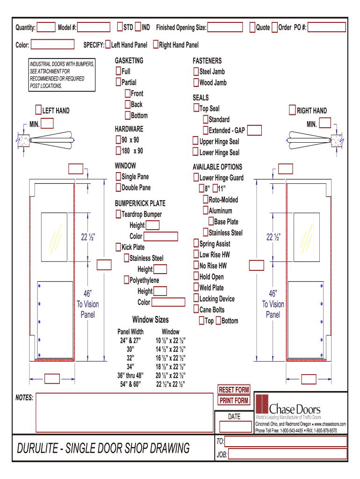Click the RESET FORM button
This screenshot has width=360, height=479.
[x=234, y=390]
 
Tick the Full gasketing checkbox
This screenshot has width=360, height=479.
[x=118, y=72]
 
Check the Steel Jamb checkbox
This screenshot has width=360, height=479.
[x=196, y=72]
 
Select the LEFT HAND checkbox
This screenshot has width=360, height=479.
[x=38, y=110]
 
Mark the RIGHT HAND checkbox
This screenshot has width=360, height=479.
[x=293, y=110]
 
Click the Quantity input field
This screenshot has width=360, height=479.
[x=46, y=28]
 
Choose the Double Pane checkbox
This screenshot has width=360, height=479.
[x=118, y=188]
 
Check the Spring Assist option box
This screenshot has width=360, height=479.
[x=196, y=244]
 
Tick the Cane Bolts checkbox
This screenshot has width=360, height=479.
[x=196, y=310]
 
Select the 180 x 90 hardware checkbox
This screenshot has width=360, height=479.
[x=118, y=151]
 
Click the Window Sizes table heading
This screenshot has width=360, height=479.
[x=151, y=320]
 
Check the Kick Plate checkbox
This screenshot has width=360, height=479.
[x=118, y=247]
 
